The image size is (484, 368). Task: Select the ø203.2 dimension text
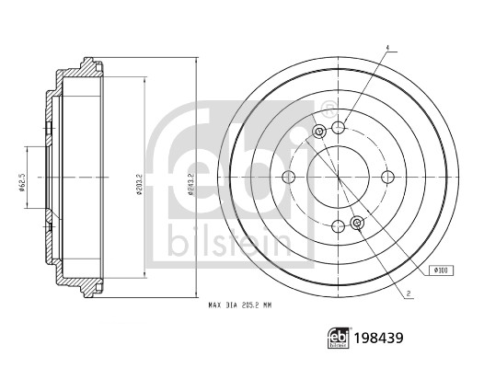[138, 177]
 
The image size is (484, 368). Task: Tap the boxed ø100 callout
[440, 270]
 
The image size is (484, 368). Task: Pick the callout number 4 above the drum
[387, 47]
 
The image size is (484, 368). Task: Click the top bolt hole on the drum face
[339, 127]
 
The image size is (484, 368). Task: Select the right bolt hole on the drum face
[387, 177]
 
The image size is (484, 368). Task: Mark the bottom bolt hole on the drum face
[339, 225]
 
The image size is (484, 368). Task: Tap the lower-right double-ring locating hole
[358, 222]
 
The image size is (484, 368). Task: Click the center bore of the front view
[339, 177]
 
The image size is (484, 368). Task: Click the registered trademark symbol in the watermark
[328, 108]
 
